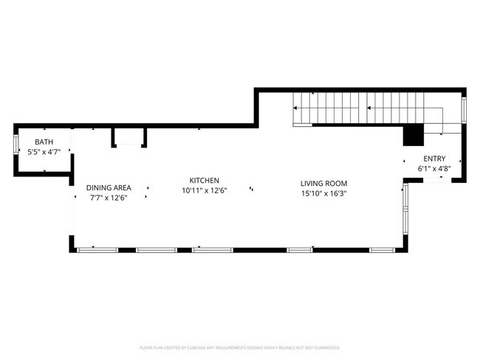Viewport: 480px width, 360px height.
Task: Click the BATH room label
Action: (x=44, y=142)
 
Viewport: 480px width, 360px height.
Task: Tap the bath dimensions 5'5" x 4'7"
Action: (x=44, y=152)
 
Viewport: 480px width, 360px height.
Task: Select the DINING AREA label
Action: (x=108, y=187)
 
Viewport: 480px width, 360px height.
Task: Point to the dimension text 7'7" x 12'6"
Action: (x=108, y=198)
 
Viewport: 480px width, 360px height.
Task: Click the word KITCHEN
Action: (x=205, y=180)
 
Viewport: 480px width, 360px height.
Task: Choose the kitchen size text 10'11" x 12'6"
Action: (x=205, y=190)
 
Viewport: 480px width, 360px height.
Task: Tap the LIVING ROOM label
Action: (x=323, y=184)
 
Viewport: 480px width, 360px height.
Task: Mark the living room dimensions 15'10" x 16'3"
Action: (x=323, y=194)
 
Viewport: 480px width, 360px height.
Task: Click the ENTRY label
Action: (x=434, y=159)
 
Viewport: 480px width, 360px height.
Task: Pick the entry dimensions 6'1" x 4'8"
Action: (x=434, y=169)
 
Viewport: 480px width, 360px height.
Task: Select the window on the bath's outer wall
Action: (x=17, y=143)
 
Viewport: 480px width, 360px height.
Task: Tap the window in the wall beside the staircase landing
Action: (x=464, y=111)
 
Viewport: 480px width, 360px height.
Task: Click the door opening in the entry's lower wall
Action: (x=433, y=179)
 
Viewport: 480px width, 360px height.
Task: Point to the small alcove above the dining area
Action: (x=128, y=137)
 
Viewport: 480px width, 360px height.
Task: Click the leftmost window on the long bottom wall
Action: (x=97, y=250)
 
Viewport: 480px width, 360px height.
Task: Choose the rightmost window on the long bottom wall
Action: (x=382, y=250)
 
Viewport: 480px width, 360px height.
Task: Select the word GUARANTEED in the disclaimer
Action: (x=325, y=347)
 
